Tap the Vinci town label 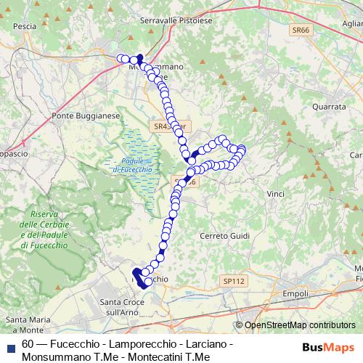point(276,195)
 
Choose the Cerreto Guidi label point(224,237)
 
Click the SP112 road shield point(235,280)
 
